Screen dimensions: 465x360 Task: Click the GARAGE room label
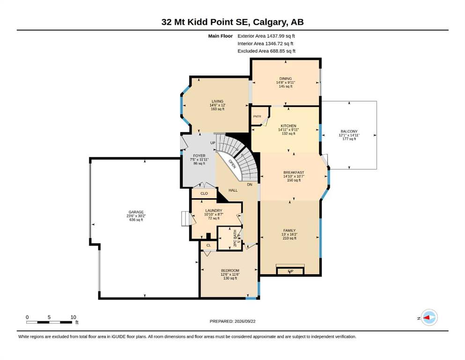coord(136,212)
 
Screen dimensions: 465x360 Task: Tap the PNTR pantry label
coord(257,116)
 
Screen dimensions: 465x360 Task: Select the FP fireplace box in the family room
coord(290,271)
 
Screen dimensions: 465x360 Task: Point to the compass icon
coord(429,317)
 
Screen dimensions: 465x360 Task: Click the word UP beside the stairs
coord(213,143)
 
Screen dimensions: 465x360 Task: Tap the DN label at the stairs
coord(250,184)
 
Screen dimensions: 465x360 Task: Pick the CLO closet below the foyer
coord(204,194)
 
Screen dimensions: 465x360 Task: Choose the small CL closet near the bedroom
coord(208,245)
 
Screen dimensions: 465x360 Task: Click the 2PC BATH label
coord(235,238)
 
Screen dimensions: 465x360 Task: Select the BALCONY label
coord(349,131)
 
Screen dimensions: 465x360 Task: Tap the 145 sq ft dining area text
coord(286,86)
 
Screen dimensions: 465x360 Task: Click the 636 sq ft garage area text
coord(136,220)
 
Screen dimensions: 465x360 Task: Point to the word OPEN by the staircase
coord(232,164)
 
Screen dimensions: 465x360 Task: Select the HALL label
coord(233,190)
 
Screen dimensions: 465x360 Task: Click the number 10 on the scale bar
coord(73,317)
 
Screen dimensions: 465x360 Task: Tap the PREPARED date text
coord(232,321)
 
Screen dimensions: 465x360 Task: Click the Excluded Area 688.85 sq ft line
coord(266,51)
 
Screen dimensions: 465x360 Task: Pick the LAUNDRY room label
coord(214,210)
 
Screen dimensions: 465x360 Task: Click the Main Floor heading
coord(221,36)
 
